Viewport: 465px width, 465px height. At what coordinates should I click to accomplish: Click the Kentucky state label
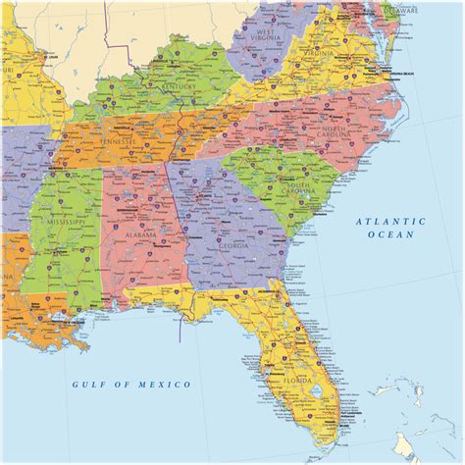coord(182,85)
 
